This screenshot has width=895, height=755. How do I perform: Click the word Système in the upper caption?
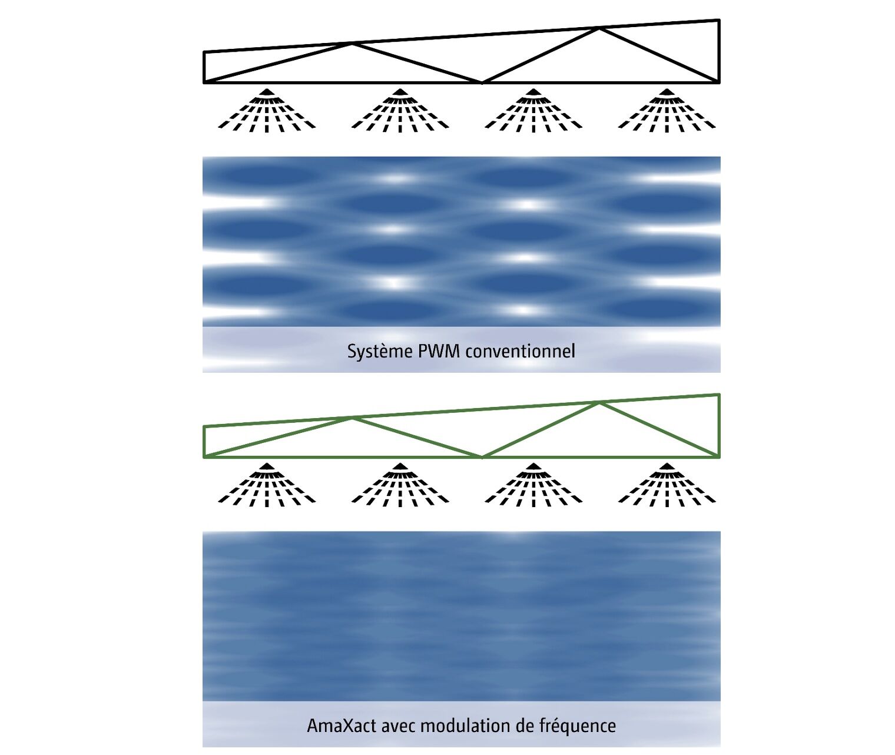380,352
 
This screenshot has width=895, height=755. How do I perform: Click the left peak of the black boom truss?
352,44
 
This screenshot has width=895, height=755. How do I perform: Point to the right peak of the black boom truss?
599,28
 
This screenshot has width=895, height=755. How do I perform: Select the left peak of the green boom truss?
352,418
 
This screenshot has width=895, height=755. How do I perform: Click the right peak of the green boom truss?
599,403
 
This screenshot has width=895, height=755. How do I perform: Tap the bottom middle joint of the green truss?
482,456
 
